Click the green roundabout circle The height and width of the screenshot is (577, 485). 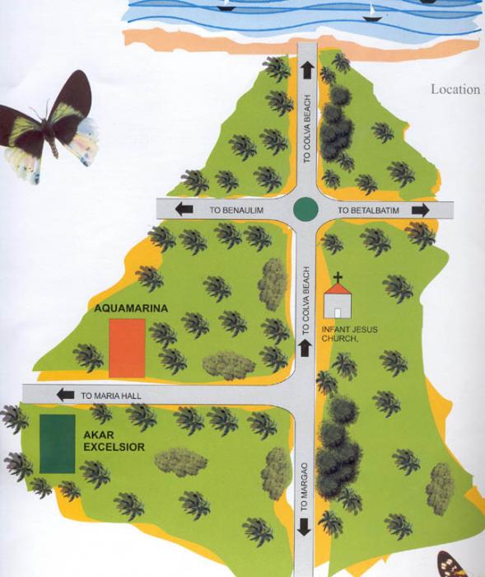(305, 209)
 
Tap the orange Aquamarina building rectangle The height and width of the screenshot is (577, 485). (127, 345)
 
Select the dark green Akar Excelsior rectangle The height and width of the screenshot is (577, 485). (57, 443)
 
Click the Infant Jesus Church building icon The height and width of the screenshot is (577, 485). (337, 301)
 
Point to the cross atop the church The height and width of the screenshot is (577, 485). (338, 278)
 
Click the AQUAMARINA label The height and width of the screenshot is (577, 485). (131, 308)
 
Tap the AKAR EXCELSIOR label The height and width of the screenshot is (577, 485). (114, 440)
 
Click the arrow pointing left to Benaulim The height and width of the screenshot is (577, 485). (184, 210)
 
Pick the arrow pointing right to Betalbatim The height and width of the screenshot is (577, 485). (421, 210)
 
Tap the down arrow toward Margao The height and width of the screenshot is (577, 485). (305, 528)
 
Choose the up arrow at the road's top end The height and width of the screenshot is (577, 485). (307, 69)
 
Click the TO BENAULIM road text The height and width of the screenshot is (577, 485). (236, 211)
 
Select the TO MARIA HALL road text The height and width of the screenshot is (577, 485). (111, 396)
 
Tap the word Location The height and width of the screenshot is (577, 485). (455, 89)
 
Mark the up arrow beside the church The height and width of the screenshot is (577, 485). (305, 349)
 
